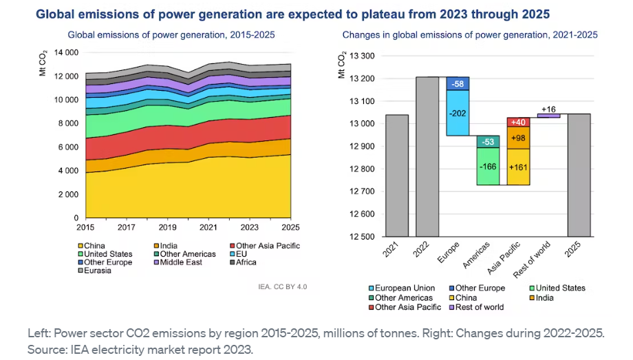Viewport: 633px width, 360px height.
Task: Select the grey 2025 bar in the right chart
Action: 579,175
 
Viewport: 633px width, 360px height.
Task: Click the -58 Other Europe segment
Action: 458,83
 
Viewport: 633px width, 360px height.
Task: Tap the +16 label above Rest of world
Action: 548,109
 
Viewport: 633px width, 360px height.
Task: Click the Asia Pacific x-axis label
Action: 507,257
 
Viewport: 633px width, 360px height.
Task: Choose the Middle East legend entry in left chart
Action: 180,262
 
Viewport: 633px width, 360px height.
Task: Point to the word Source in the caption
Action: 45,349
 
